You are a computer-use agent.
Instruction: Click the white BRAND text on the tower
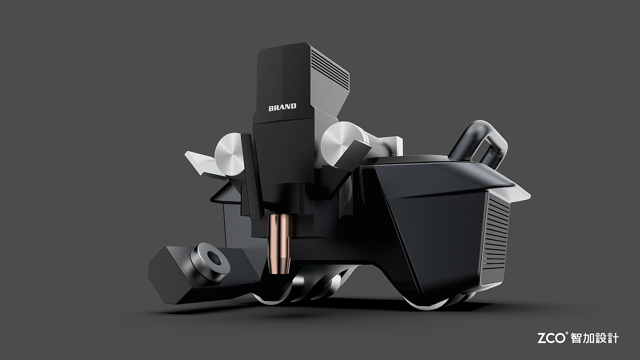pos(283,107)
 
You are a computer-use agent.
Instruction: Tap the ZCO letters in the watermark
pos(551,339)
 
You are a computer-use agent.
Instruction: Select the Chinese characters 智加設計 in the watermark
pos(595,339)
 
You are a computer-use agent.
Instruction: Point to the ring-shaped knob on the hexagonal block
pos(210,261)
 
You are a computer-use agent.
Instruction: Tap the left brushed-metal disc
pos(229,154)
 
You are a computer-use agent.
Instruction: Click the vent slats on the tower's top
pos(330,69)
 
